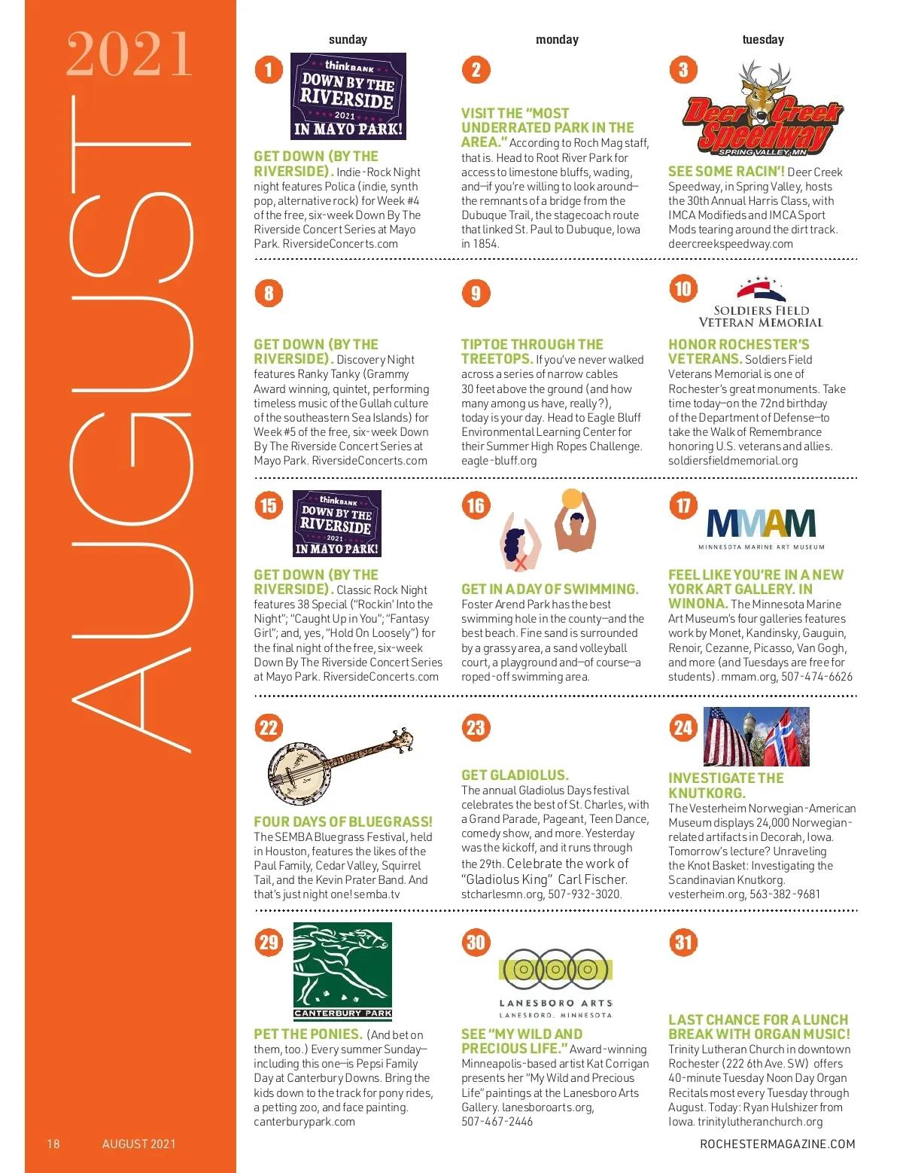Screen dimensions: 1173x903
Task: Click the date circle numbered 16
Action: pyautogui.click(x=476, y=505)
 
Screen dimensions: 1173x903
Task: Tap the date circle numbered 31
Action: pyautogui.click(x=683, y=942)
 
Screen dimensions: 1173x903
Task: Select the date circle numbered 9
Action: pyautogui.click(x=476, y=293)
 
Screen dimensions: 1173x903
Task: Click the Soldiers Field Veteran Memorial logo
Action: pyautogui.click(x=761, y=303)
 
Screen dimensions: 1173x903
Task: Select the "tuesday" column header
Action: pyautogui.click(x=762, y=39)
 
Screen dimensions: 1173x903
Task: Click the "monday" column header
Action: pyautogui.click(x=557, y=39)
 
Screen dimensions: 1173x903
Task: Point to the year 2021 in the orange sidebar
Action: pyautogui.click(x=129, y=54)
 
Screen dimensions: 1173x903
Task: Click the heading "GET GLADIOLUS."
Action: pyautogui.click(x=515, y=775)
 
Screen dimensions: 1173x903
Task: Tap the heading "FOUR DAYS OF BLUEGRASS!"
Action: pyautogui.click(x=343, y=821)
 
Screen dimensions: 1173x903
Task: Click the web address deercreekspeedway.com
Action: pyautogui.click(x=730, y=243)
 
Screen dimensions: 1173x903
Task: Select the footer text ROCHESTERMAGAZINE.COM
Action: pyautogui.click(x=777, y=1144)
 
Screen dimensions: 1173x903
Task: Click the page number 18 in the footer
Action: pyautogui.click(x=53, y=1144)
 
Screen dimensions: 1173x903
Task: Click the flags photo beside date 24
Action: pyautogui.click(x=755, y=736)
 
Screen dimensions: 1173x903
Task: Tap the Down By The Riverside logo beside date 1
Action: pyautogui.click(x=348, y=96)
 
